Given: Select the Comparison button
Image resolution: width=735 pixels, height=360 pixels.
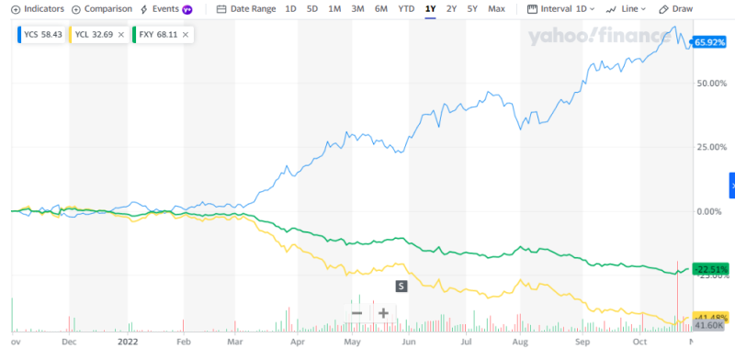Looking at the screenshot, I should coord(101,8).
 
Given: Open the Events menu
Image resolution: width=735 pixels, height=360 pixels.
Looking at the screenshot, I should coord(165,8).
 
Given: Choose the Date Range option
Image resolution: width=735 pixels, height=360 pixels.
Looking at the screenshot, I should coord(244,8).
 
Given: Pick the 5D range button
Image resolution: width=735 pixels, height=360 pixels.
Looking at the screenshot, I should coord(312,8).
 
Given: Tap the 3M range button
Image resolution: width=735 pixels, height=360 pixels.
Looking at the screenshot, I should coord(358,8).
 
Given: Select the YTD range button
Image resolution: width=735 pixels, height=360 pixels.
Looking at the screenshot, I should coord(405,8).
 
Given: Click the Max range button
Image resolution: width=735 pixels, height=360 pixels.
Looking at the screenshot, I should coord(496,8).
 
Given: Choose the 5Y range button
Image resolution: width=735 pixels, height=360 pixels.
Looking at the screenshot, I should coord(472,8).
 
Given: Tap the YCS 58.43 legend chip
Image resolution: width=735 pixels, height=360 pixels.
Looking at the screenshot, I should coord(40,35).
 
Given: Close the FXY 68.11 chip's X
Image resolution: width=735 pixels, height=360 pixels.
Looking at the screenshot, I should coord(186,35).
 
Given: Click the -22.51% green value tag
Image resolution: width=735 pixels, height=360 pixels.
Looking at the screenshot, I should coord(710,269).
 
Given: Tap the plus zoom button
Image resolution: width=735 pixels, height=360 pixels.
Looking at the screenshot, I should coord(383,312).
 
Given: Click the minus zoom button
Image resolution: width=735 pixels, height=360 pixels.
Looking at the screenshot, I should coord(356,312).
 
